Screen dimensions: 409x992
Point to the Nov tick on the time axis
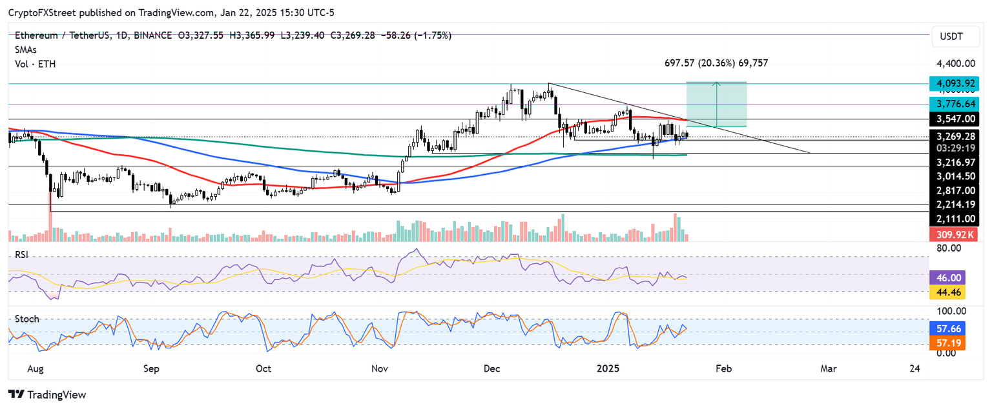click(380, 369)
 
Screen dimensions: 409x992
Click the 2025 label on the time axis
click(608, 369)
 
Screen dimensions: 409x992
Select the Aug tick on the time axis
click(36, 369)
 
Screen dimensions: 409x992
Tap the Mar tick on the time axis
click(828, 369)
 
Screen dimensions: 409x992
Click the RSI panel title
click(23, 255)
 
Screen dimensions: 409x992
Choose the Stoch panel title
click(26, 319)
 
